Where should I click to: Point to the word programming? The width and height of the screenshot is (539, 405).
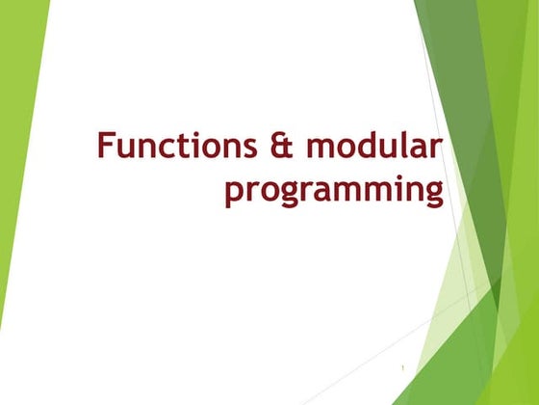[x=334, y=190]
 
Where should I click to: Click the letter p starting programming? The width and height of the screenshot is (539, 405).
[x=233, y=192]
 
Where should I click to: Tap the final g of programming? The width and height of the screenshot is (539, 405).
[x=432, y=193]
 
